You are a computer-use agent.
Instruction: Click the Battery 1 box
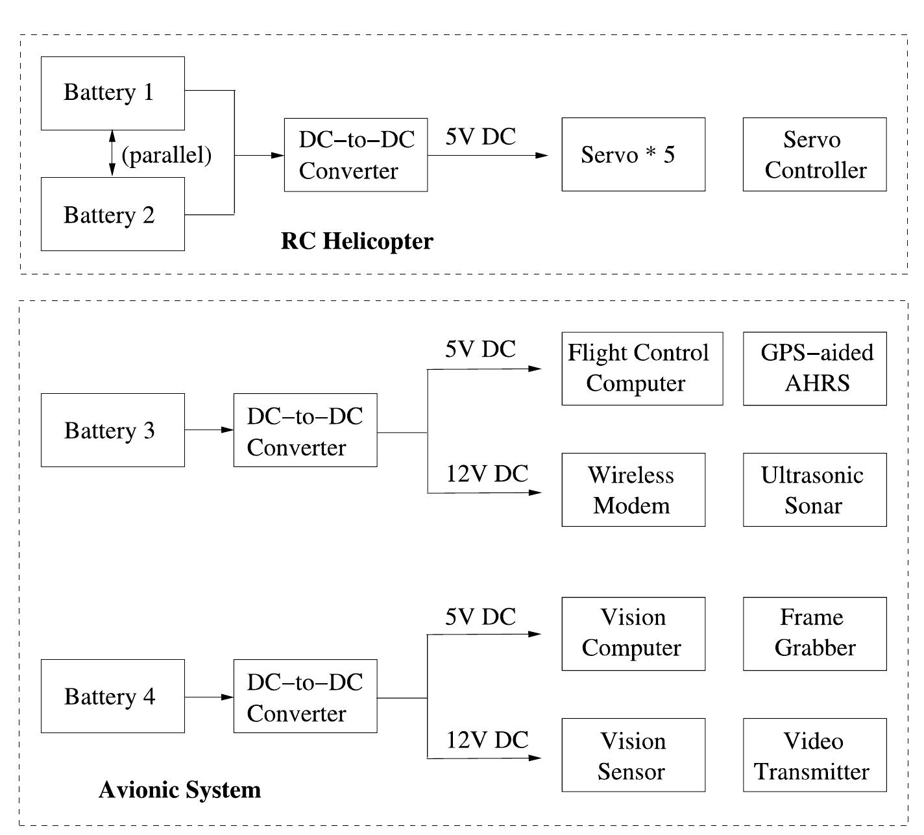pyautogui.click(x=112, y=93)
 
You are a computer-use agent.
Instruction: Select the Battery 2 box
pyautogui.click(x=112, y=214)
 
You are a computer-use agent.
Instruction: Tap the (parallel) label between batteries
pyautogui.click(x=167, y=155)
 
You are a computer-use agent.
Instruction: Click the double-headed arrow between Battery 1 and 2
pyautogui.click(x=112, y=153)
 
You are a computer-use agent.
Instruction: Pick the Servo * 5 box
pyautogui.click(x=633, y=154)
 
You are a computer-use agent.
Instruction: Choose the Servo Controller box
pyautogui.click(x=814, y=154)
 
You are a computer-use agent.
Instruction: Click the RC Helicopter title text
pyautogui.click(x=357, y=241)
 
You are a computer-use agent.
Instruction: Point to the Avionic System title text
pyautogui.click(x=180, y=790)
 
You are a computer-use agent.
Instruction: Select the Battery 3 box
pyautogui.click(x=112, y=430)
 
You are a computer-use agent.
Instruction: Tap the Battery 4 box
pyautogui.click(x=112, y=696)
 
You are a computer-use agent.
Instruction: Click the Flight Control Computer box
pyautogui.click(x=642, y=369)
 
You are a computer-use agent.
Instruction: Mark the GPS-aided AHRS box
pyautogui.click(x=814, y=369)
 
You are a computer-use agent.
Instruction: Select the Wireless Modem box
pyautogui.click(x=633, y=490)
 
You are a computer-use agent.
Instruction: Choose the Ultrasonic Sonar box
pyautogui.click(x=814, y=490)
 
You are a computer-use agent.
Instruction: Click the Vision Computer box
pyautogui.click(x=633, y=633)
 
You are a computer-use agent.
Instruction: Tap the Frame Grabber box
pyautogui.click(x=814, y=633)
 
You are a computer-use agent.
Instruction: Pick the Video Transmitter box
pyautogui.click(x=814, y=755)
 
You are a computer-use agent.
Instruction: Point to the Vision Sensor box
pyautogui.click(x=633, y=755)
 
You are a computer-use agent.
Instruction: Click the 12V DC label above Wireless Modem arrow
pyautogui.click(x=487, y=474)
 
